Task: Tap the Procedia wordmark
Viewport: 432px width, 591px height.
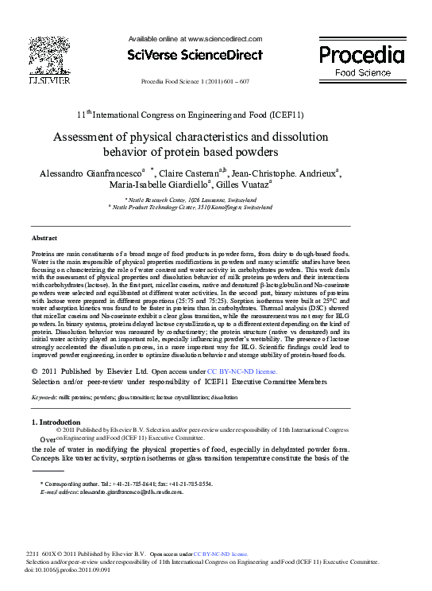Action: [361, 54]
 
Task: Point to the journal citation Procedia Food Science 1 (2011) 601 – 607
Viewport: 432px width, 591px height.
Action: [195, 82]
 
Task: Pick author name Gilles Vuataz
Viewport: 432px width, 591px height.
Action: [241, 186]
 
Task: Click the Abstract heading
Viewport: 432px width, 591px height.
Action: [44, 238]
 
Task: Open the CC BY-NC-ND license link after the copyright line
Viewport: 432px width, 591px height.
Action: [241, 371]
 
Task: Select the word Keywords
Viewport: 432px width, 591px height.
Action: [44, 395]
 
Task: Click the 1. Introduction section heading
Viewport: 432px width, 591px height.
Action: [60, 422]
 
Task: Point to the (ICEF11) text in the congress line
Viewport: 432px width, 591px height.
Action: [286, 114]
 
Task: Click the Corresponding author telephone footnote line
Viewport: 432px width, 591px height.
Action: [125, 484]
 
